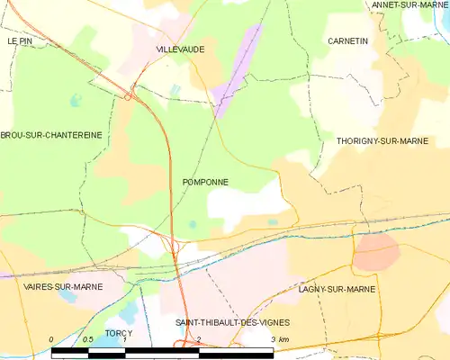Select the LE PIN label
point(19,41)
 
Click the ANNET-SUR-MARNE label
point(409,5)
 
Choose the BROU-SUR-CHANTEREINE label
point(51,135)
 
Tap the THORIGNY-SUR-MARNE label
point(392,142)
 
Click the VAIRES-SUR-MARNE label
point(62,286)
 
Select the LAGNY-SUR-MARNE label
point(337,289)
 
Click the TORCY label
point(118,333)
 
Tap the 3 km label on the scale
point(279,339)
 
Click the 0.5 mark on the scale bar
point(87,339)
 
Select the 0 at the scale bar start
point(53,339)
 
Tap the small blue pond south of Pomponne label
point(193,224)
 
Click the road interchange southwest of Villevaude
point(130,94)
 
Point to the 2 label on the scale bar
point(199,339)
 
